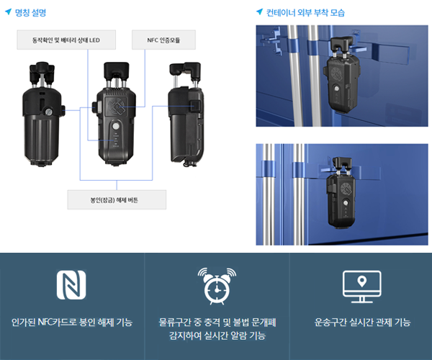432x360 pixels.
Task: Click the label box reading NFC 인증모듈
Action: [x=163, y=40]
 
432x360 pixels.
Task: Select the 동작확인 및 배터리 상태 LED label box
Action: [x=66, y=40]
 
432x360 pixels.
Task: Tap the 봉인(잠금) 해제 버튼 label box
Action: [x=117, y=199]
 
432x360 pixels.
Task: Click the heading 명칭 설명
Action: [x=30, y=13]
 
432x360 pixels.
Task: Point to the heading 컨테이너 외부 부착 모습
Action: [x=305, y=13]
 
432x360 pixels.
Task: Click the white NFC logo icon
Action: [x=71, y=284]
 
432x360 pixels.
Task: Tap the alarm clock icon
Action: [x=217, y=286]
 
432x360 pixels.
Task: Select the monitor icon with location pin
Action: [x=361, y=287]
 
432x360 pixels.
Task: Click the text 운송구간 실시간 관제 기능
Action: [x=362, y=322]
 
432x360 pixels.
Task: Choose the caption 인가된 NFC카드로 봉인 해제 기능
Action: [x=72, y=322]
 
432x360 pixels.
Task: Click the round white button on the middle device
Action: [x=116, y=127]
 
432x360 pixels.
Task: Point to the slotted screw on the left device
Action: [x=49, y=112]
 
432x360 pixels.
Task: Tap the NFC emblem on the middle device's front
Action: [x=117, y=107]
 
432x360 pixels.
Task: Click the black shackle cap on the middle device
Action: [x=116, y=70]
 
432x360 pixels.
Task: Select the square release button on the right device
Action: [x=195, y=106]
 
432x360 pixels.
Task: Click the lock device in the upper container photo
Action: [x=341, y=74]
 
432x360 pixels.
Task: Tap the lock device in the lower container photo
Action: [x=341, y=193]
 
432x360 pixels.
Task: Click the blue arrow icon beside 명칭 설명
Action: [x=8, y=12]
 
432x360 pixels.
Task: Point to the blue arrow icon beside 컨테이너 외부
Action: [x=259, y=12]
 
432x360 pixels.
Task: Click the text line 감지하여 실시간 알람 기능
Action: [x=217, y=336]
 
